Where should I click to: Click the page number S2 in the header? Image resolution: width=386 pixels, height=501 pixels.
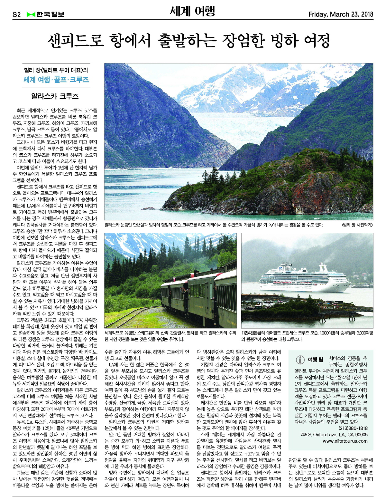tap(16, 14)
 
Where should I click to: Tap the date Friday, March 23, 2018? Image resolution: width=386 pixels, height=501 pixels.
tap(340, 14)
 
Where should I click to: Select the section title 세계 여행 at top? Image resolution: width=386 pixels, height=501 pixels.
tap(192, 12)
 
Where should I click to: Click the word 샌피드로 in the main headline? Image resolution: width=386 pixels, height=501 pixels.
tap(76, 41)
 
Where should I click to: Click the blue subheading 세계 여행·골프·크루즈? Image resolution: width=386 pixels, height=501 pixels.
tap(56, 80)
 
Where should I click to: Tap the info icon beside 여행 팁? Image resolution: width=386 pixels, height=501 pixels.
tap(300, 360)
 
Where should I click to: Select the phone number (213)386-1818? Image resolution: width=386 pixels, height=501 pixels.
tap(353, 428)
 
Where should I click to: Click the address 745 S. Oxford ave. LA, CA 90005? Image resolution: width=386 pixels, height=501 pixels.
tap(334, 435)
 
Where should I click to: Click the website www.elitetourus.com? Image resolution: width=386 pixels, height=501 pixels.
tap(345, 441)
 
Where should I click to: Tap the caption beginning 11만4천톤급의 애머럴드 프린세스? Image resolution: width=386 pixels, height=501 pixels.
tap(307, 336)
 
